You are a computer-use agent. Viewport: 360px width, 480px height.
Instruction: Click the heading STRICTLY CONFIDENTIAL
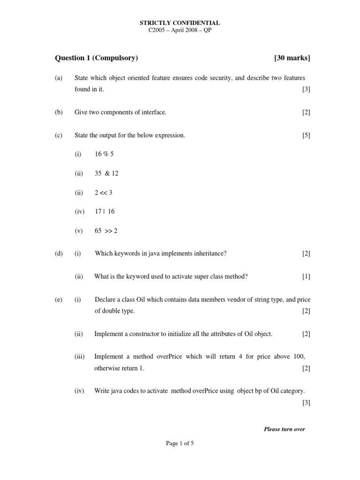point(180,22)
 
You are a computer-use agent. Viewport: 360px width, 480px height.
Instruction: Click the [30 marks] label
point(292,58)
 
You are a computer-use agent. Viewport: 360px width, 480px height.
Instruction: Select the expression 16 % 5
point(104,154)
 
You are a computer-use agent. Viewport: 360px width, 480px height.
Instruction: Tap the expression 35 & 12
point(106,173)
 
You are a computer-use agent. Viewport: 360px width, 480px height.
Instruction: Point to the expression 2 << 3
point(104,192)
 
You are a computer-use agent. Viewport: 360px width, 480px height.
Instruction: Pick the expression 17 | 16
point(105,211)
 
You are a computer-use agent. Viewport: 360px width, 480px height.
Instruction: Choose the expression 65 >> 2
point(106,231)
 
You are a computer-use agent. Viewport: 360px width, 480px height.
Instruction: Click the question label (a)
point(59,78)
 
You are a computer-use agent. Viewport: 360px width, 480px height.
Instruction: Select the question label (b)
point(59,112)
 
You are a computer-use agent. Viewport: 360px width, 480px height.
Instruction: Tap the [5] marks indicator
point(306,135)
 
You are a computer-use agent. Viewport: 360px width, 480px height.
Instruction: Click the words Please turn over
point(285,429)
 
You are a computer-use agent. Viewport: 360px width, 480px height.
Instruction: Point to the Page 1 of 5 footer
point(180,444)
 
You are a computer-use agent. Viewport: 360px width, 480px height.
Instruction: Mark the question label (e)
point(59,300)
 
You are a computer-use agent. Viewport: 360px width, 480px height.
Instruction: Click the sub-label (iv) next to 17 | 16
point(79,211)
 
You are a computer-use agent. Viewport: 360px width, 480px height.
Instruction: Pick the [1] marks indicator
point(306,277)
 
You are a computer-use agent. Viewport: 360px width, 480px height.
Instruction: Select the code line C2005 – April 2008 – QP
point(180,30)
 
